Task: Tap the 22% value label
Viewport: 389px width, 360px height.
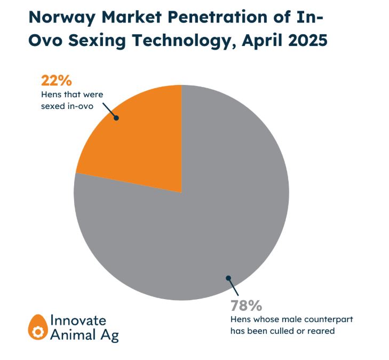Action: pyautogui.click(x=56, y=81)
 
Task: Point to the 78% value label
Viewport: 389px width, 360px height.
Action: pyautogui.click(x=246, y=306)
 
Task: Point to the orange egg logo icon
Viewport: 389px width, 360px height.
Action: pyautogui.click(x=38, y=327)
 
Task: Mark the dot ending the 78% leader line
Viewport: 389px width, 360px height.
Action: pyautogui.click(x=228, y=278)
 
